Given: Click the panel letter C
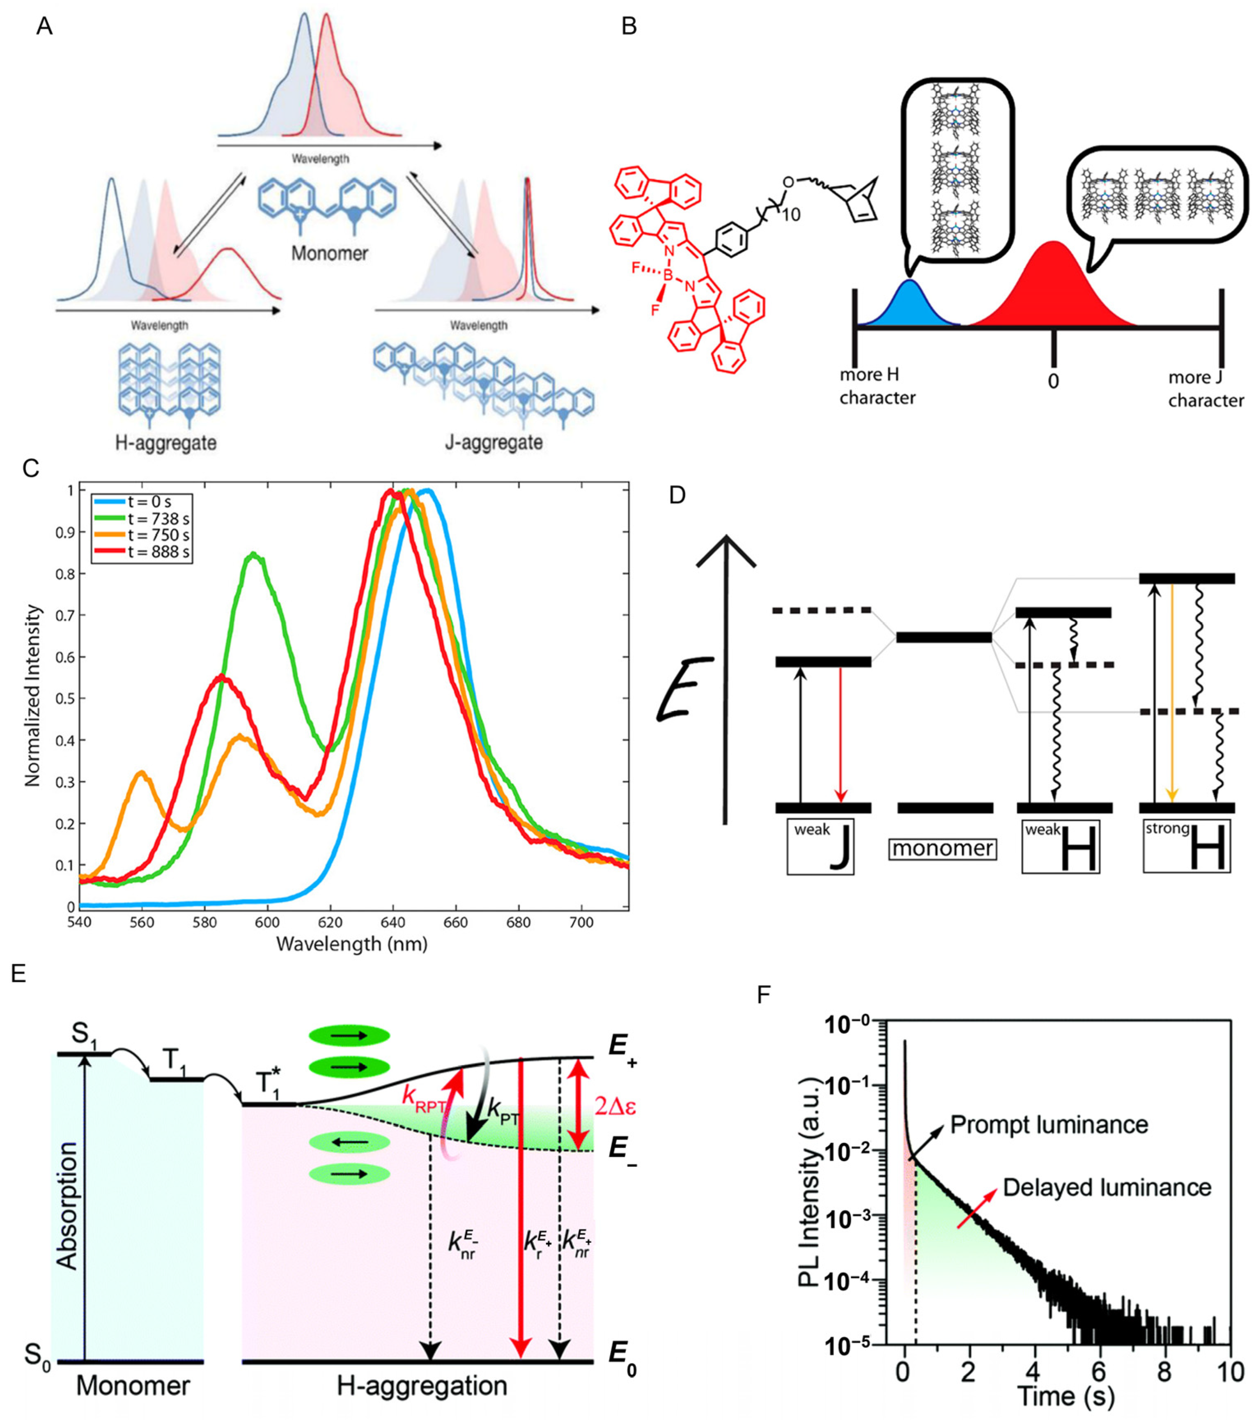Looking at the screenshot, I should tap(30, 469).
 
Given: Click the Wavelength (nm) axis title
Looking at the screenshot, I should tap(352, 944).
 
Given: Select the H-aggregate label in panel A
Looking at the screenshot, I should tap(165, 442).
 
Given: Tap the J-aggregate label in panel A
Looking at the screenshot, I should tap(494, 442).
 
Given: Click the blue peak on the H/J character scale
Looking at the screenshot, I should tap(909, 306).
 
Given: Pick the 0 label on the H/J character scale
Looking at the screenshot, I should tap(1054, 382).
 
